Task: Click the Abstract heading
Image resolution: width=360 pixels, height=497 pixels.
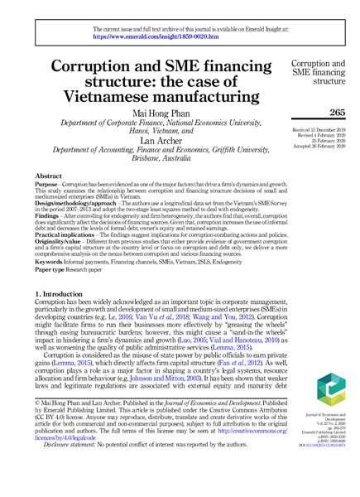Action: (49, 177)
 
